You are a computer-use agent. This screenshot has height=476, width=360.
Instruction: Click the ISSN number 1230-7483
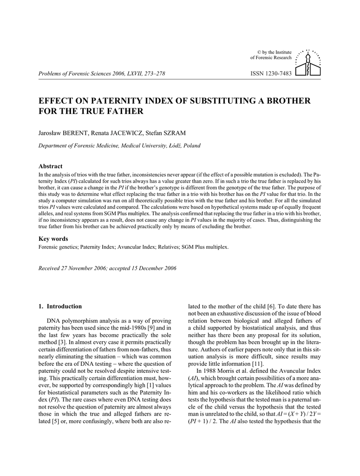271,73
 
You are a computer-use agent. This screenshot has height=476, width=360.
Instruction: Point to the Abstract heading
50,166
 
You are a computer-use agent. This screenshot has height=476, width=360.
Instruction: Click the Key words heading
53,239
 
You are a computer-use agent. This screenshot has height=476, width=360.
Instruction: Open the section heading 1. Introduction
60,306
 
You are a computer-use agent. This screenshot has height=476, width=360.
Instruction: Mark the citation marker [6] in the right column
272,306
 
